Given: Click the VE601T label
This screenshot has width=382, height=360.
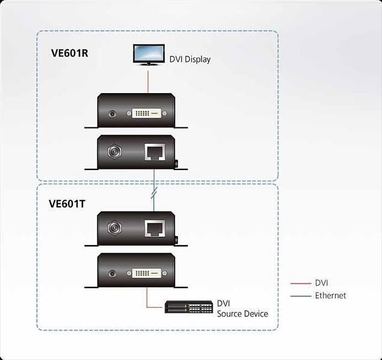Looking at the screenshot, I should (x=67, y=203).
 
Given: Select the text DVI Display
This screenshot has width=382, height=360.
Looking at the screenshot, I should (x=189, y=59).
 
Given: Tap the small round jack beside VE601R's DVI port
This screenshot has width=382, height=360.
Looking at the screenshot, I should (x=112, y=112).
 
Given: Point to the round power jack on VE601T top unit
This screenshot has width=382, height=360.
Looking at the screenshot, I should (x=112, y=228).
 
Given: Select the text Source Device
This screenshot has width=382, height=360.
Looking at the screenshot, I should (x=242, y=314).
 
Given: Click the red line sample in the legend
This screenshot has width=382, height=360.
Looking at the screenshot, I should (x=300, y=283).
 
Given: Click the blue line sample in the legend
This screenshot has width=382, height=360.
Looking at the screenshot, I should (x=300, y=296).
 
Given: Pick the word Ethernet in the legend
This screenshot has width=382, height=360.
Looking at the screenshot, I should (x=330, y=296).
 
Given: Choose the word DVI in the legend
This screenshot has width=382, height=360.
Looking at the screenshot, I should (x=322, y=283).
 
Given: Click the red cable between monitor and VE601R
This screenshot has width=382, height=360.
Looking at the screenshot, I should (x=147, y=79).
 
